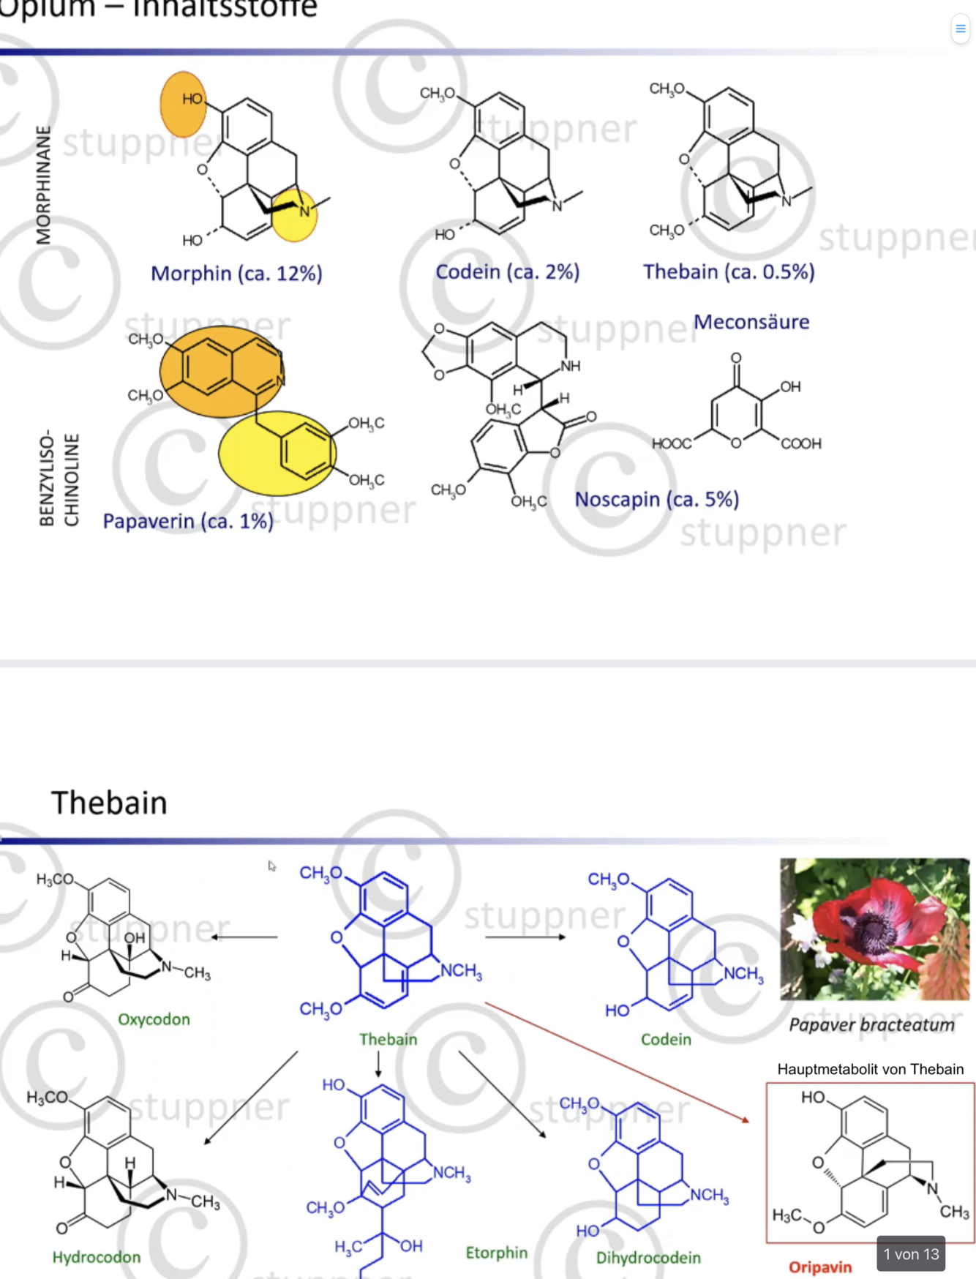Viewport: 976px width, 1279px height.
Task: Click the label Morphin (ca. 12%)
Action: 236,274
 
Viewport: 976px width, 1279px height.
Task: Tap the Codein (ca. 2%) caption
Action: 507,272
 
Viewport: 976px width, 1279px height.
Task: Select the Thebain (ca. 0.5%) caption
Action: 729,272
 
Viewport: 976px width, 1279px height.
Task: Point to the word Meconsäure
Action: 751,322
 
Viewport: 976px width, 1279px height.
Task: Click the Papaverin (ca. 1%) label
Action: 188,521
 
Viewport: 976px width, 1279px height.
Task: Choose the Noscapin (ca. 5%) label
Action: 656,499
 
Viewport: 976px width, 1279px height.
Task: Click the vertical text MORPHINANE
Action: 44,185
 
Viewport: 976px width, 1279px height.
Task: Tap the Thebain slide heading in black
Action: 110,803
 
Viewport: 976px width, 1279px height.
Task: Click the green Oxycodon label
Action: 154,1019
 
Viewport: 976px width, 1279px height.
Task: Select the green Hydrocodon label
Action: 97,1257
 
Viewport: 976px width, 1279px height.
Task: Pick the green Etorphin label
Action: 496,1253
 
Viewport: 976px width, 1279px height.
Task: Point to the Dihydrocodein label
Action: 648,1258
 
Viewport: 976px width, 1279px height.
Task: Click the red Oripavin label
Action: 820,1267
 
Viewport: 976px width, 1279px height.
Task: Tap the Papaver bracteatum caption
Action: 871,1025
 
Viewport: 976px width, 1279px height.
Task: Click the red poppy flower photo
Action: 874,929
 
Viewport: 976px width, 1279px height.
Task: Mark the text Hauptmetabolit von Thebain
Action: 870,1069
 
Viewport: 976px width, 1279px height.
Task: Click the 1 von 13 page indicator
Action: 911,1254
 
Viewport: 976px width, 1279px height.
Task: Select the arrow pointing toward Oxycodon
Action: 244,937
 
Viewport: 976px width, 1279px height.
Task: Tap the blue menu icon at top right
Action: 960,29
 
